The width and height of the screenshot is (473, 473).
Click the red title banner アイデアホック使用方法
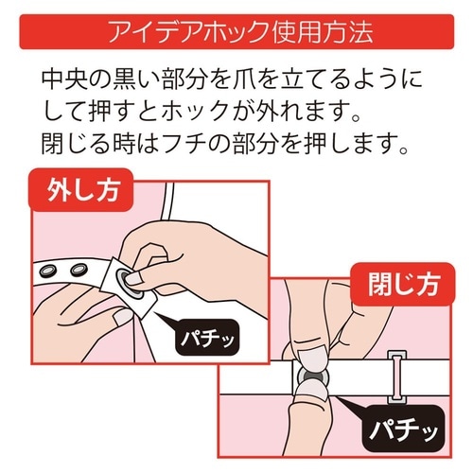(x=236, y=32)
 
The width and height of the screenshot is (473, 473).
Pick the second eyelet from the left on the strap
(x=78, y=273)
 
